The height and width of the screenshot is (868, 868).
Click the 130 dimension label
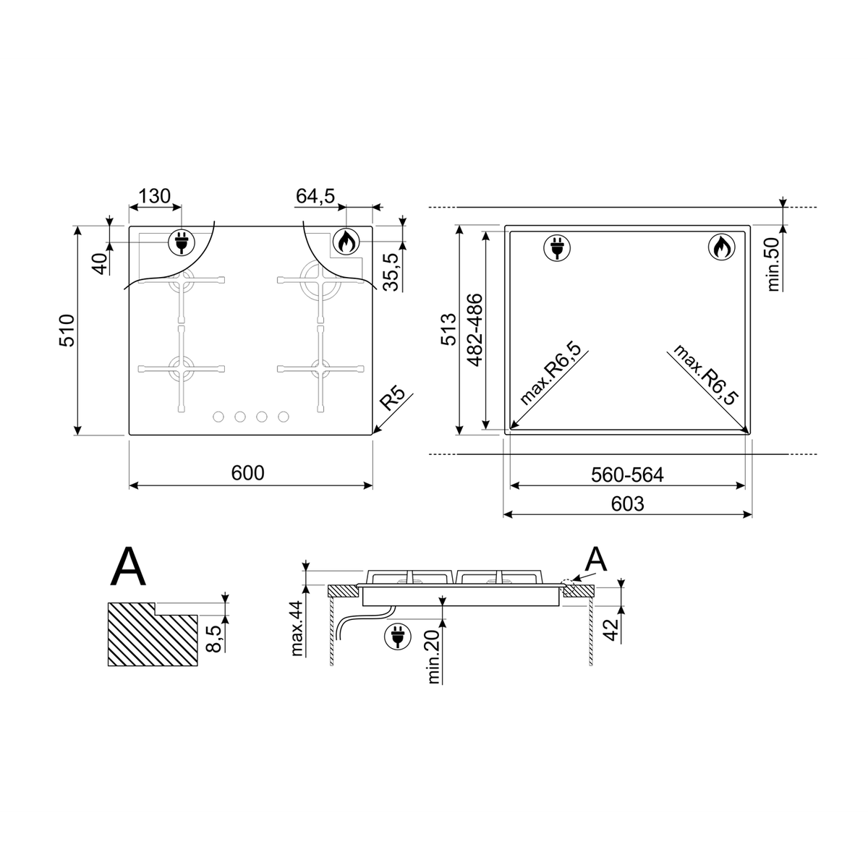pyautogui.click(x=155, y=197)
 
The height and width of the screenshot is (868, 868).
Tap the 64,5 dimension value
pyautogui.click(x=315, y=196)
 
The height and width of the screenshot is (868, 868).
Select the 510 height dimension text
pyautogui.click(x=67, y=331)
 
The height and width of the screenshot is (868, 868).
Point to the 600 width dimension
pyautogui.click(x=248, y=473)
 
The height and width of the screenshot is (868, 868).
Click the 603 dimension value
pyautogui.click(x=627, y=503)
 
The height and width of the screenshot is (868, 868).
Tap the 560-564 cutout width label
pyautogui.click(x=627, y=475)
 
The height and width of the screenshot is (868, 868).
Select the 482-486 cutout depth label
pyautogui.click(x=475, y=330)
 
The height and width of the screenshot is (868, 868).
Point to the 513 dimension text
pyautogui.click(x=448, y=330)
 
